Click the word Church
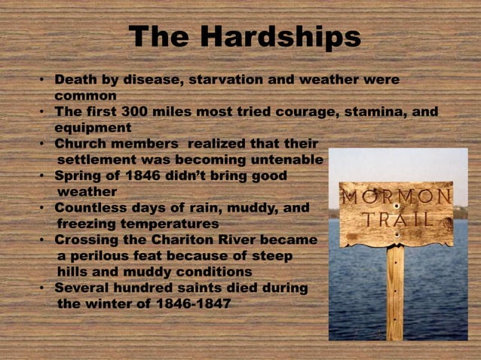pyautogui.click(x=84, y=144)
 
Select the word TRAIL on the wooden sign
pyautogui.click(x=397, y=220)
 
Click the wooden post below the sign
pyautogui.click(x=395, y=294)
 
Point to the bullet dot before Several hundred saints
pyautogui.click(x=44, y=288)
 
